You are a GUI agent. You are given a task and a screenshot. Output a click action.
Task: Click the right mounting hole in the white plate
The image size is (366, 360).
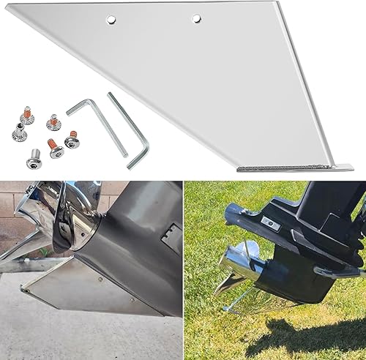[197, 18]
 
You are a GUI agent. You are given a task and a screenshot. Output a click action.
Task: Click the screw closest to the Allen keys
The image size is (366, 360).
[72, 139]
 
